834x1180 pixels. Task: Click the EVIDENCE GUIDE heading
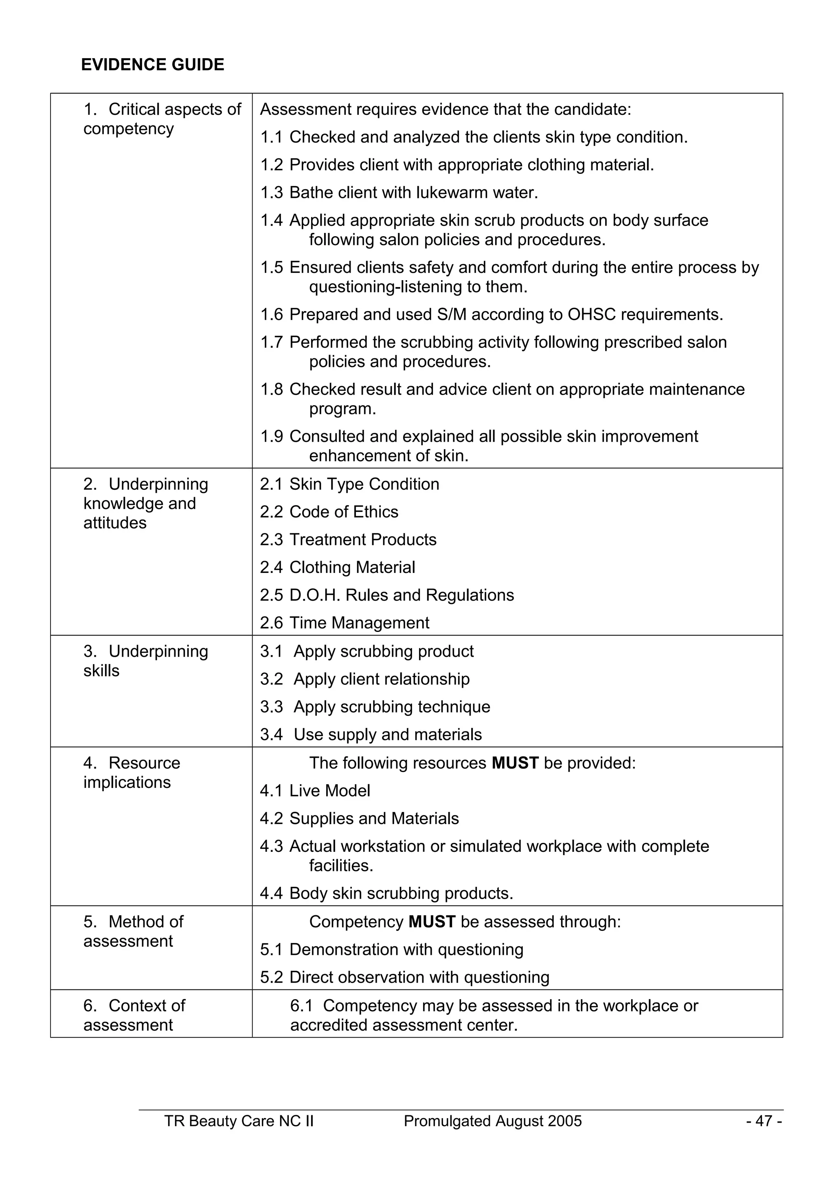tap(153, 65)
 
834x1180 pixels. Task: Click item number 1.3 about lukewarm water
tap(271, 193)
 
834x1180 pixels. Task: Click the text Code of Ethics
tap(344, 512)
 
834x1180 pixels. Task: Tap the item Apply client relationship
tap(381, 679)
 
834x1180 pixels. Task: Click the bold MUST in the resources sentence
tap(515, 763)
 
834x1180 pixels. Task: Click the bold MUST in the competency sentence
tap(432, 922)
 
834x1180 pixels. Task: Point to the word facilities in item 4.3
tap(341, 866)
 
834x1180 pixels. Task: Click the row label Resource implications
tap(132, 773)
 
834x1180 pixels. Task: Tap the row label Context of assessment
tap(134, 1016)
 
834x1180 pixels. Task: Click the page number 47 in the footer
tap(764, 1121)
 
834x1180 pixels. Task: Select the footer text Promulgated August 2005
tap(492, 1121)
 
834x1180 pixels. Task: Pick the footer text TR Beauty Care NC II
tap(239, 1121)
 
